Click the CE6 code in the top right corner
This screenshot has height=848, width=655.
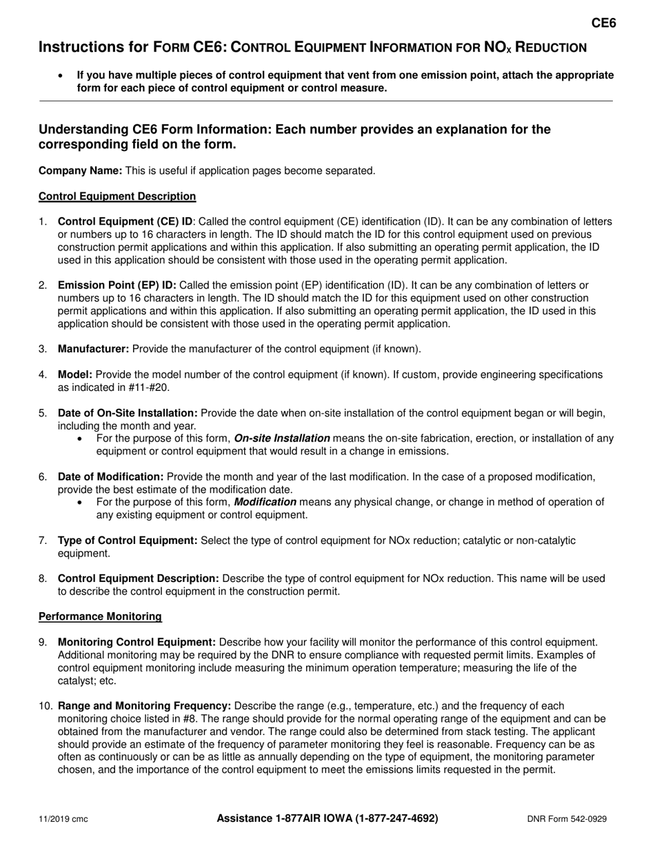(604, 23)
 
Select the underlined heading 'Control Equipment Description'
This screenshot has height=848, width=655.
(117, 196)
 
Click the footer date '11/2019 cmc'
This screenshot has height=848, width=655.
(63, 820)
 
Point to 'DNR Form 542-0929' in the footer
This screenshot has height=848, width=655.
(567, 820)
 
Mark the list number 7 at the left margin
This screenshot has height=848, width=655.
(43, 541)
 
